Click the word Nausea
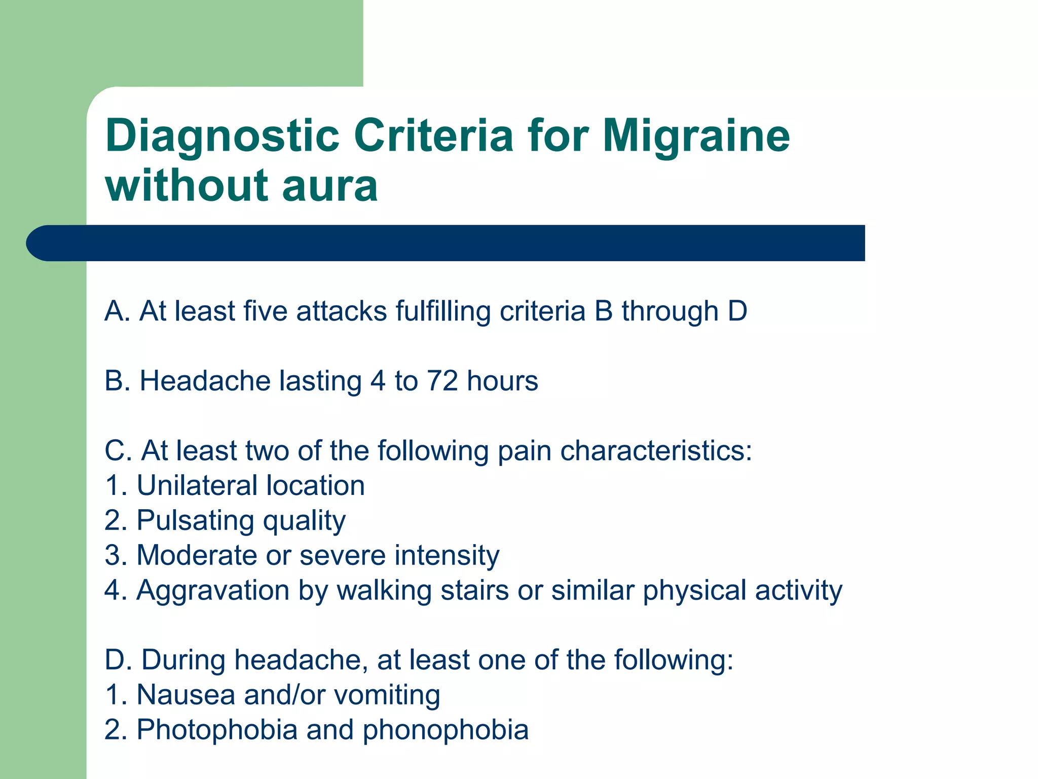186,695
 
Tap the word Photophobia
217,730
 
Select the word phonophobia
446,730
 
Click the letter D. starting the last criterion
119,660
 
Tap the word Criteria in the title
434,135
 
